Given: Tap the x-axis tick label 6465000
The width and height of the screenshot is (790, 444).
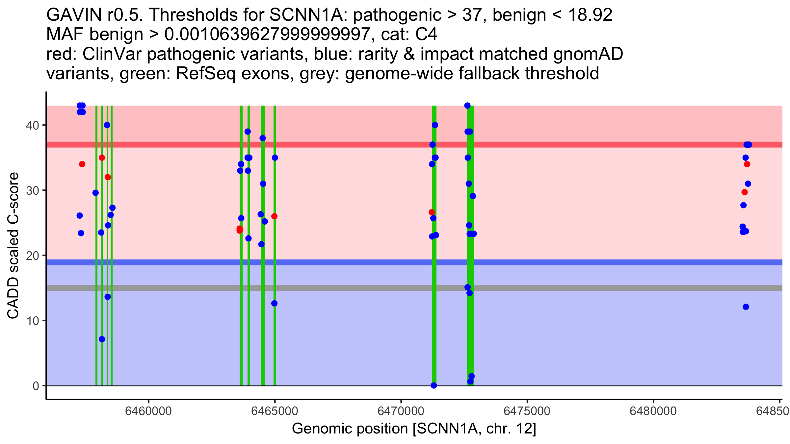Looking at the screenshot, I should (x=275, y=411).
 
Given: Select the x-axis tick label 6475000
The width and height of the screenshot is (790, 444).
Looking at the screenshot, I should (x=527, y=411).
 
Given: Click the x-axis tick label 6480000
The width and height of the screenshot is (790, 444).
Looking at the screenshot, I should (x=653, y=411).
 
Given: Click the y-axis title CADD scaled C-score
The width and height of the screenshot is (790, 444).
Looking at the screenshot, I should (x=13, y=246).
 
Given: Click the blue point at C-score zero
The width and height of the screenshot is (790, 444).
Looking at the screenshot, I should (x=434, y=385).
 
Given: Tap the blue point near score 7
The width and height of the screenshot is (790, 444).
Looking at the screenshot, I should (x=102, y=339).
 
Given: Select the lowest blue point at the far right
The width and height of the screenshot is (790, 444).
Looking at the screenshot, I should (x=746, y=307).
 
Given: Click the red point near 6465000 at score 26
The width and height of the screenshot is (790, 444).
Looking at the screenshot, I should (x=274, y=216).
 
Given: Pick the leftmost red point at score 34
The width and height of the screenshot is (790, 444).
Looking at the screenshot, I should (x=82, y=164).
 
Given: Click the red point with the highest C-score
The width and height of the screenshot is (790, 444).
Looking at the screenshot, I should (x=102, y=158).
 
